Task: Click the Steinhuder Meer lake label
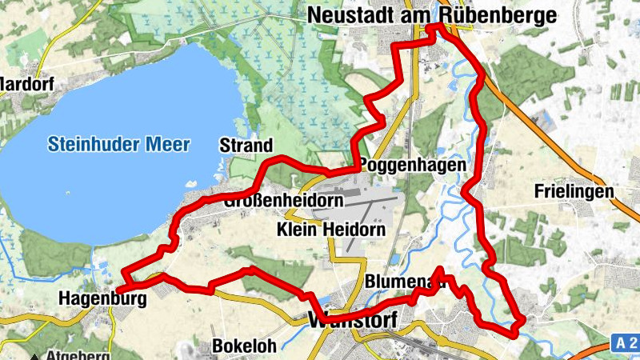click(x=118, y=145)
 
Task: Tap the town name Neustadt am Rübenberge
click(x=430, y=14)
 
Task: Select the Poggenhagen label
click(x=413, y=165)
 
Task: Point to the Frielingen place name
click(x=574, y=191)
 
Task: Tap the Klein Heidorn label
click(x=330, y=230)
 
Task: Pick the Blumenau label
click(x=404, y=282)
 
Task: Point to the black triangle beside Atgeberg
click(x=36, y=356)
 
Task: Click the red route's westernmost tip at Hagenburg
click(x=118, y=289)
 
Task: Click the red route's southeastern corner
click(x=522, y=320)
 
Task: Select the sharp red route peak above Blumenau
click(x=442, y=268)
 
